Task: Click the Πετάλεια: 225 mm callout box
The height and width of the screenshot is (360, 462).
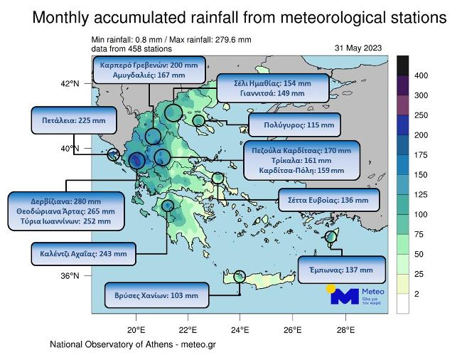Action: coord(64,121)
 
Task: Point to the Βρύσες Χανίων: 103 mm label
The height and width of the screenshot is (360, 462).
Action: coord(156,295)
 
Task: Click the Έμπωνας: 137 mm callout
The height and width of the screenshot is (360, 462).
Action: coord(345,270)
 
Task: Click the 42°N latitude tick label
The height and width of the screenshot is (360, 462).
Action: coord(70,84)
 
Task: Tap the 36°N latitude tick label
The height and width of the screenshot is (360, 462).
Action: coord(70,276)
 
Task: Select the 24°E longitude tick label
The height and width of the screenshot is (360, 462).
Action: coord(240,329)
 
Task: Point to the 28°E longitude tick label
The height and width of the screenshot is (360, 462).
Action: coord(345,329)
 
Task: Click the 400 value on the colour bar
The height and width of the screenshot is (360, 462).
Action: coord(420,75)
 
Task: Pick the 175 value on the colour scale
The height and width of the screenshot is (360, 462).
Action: coord(420,154)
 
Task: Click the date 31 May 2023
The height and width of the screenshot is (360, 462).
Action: coord(358,48)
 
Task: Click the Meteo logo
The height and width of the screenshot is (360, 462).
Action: coord(356,295)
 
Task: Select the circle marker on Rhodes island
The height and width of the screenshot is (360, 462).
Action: coord(331,237)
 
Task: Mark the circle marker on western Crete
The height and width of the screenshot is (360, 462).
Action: coord(240,277)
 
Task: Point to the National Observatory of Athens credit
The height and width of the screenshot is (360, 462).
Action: coord(132,344)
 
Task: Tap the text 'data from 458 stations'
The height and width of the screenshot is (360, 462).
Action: coord(131,49)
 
